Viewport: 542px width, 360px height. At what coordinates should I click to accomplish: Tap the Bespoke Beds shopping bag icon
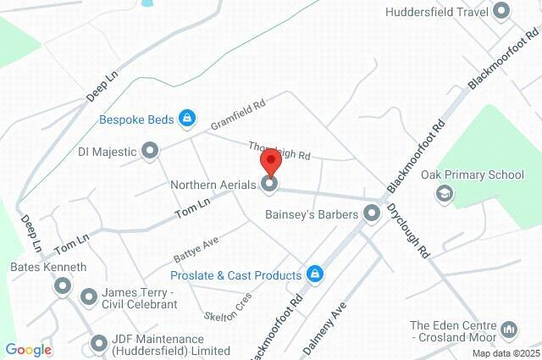(x=187, y=119)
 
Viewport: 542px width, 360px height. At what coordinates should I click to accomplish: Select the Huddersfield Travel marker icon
(x=501, y=12)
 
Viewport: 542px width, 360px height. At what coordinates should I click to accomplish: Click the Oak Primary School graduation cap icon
(x=442, y=194)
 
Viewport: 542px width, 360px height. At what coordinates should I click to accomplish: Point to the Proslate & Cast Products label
(x=235, y=275)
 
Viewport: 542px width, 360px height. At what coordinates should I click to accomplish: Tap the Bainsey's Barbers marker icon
(x=371, y=214)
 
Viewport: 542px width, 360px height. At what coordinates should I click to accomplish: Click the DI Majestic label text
(x=107, y=152)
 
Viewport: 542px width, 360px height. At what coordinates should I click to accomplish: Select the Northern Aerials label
(x=212, y=183)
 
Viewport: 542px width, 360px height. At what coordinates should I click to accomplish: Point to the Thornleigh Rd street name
(x=279, y=152)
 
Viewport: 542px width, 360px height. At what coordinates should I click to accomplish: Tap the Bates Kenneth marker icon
(x=62, y=287)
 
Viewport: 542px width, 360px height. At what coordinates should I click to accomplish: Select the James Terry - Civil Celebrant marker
(x=89, y=296)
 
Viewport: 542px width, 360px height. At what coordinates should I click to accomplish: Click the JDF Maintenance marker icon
(x=98, y=344)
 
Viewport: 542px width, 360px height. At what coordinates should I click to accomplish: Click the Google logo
(x=28, y=351)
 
